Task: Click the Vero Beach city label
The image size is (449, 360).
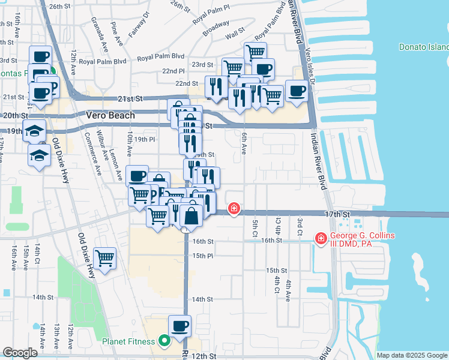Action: click(110, 115)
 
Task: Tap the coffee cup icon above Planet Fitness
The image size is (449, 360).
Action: click(179, 326)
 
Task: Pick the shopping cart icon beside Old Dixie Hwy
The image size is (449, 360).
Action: click(104, 259)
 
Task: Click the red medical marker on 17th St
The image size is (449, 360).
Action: click(234, 209)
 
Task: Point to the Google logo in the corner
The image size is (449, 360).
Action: click(20, 353)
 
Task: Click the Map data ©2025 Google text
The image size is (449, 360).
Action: click(412, 355)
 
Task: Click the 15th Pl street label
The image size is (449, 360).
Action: click(202, 256)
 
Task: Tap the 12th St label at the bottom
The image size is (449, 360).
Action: click(204, 356)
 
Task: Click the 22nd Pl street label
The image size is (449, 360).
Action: click(172, 71)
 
